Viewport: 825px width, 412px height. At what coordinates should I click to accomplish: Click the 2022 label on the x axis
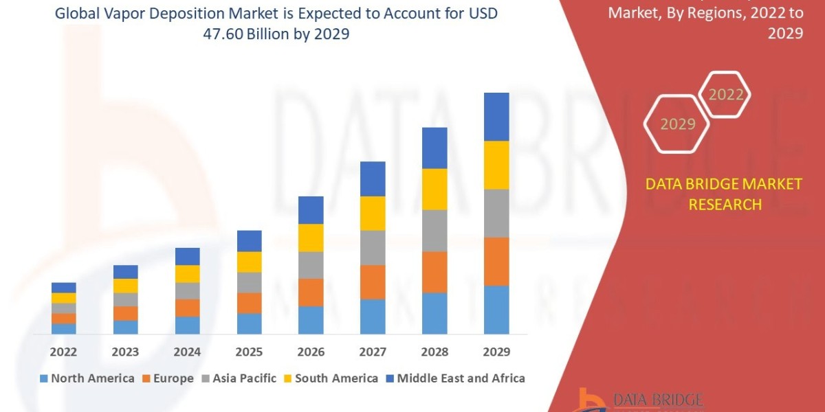63,352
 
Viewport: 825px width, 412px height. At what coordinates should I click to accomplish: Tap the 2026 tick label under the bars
311,352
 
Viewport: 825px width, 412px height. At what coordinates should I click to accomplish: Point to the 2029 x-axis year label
496,352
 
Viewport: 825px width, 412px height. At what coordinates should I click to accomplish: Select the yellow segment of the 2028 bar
434,189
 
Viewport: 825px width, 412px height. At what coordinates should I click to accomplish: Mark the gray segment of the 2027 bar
373,247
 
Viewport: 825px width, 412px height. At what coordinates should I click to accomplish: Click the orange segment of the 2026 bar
311,292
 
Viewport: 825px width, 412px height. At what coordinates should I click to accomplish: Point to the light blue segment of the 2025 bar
249,323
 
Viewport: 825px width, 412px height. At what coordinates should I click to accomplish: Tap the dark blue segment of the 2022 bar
63,287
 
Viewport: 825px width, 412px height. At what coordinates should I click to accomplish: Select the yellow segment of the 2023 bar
125,286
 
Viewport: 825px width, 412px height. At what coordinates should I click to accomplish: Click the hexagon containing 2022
726,95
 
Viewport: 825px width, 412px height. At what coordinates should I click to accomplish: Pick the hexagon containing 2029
677,124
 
